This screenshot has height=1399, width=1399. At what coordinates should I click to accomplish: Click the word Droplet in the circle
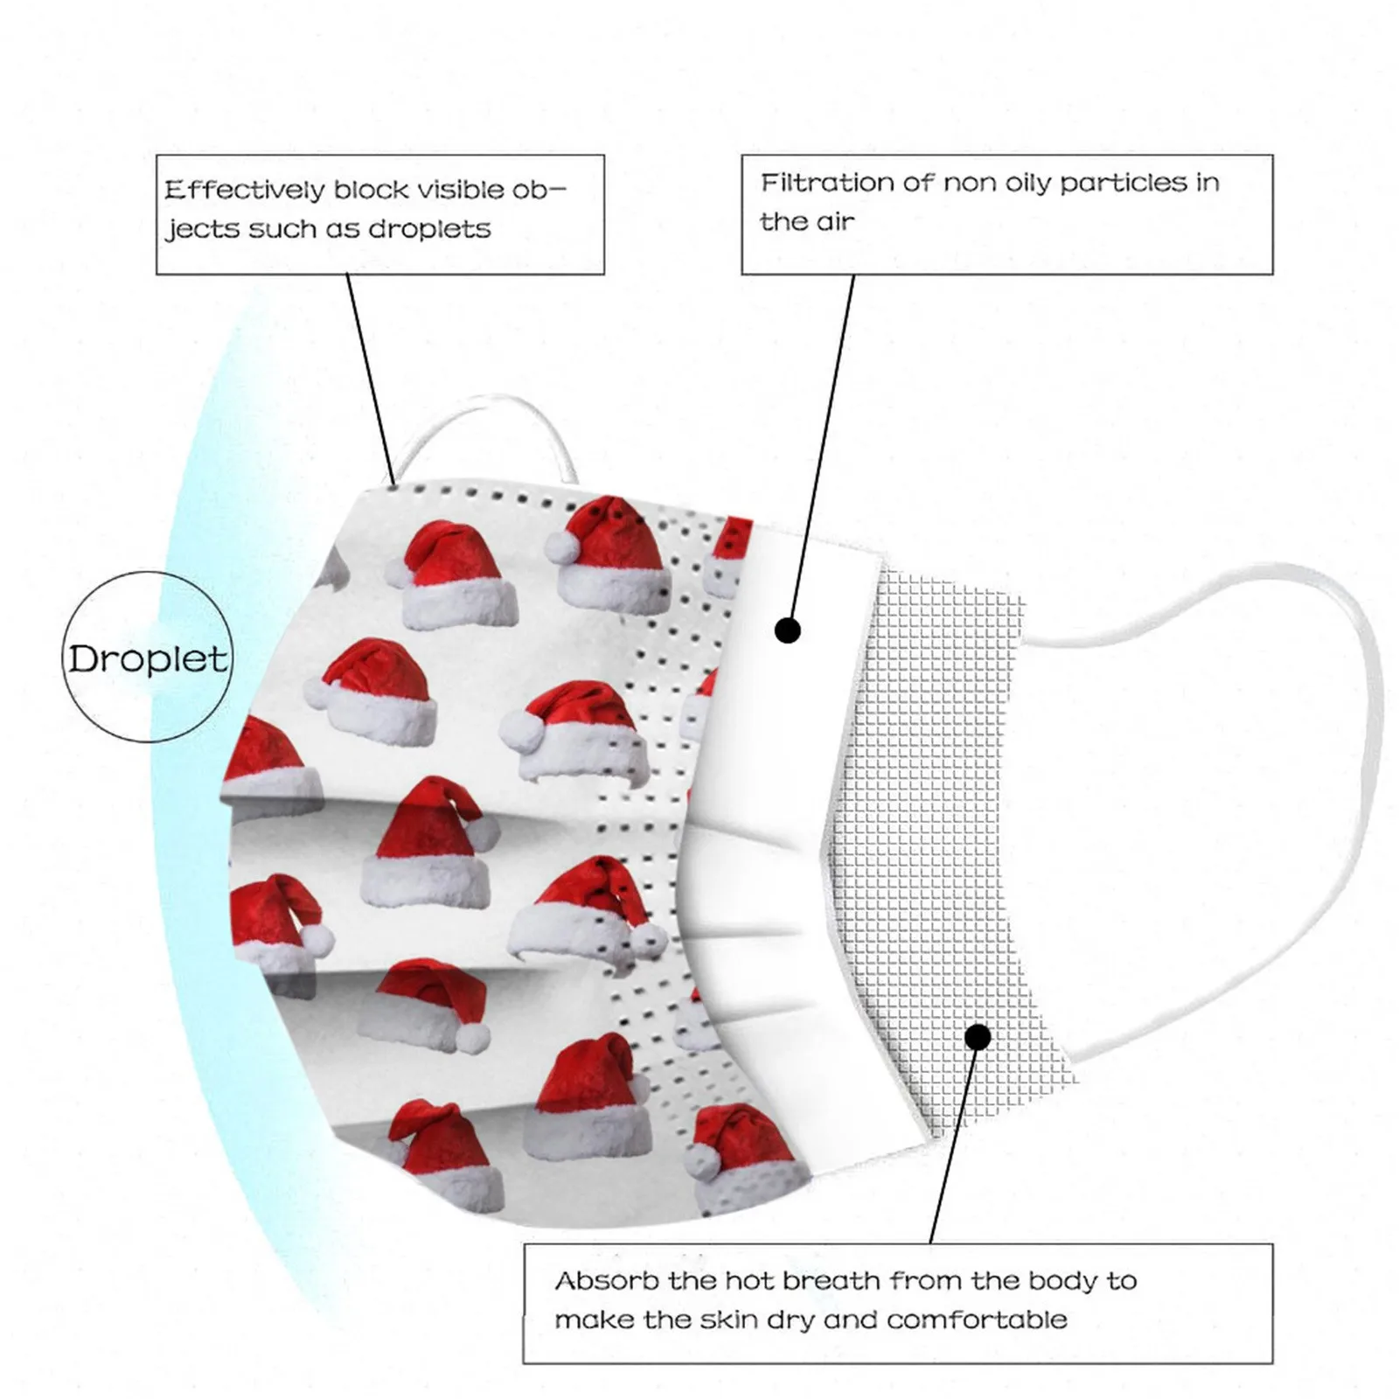click(x=148, y=658)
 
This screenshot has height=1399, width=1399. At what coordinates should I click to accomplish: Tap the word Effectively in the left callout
click(x=244, y=190)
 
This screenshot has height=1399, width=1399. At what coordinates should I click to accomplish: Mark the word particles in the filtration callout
click(x=1122, y=183)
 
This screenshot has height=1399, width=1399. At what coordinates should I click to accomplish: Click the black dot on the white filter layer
click(x=788, y=630)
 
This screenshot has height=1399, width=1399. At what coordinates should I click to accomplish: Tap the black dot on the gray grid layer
click(x=978, y=1037)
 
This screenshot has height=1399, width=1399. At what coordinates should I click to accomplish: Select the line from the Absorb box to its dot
click(x=953, y=1145)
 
